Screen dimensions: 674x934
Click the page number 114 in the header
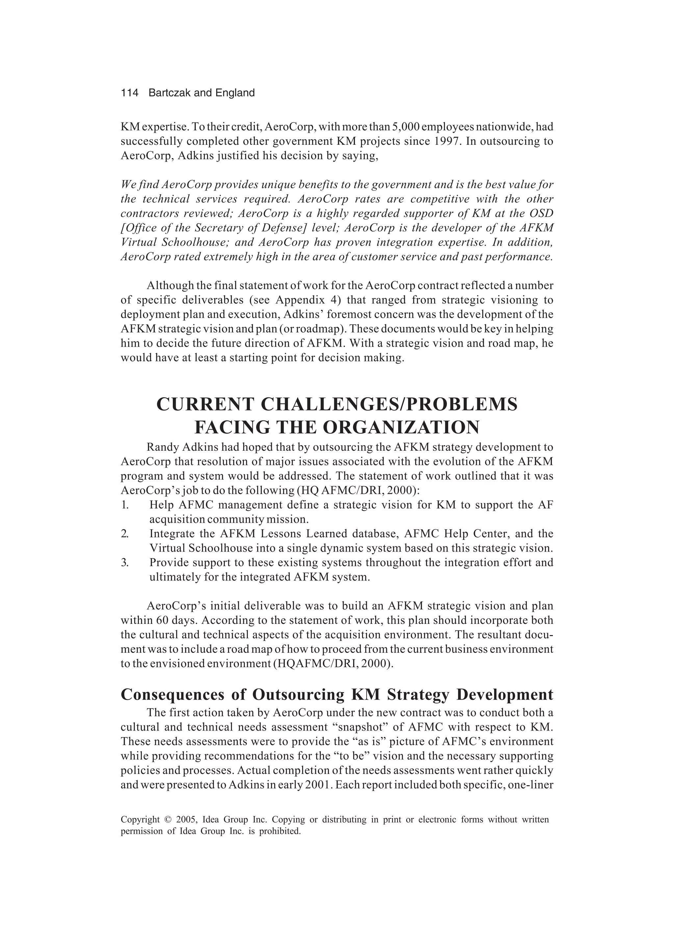pos(129,93)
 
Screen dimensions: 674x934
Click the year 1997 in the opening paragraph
pos(448,141)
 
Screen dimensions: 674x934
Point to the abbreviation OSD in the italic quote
pos(541,213)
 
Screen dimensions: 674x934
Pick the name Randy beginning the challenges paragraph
pos(161,447)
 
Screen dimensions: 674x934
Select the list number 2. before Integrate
pos(125,534)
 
